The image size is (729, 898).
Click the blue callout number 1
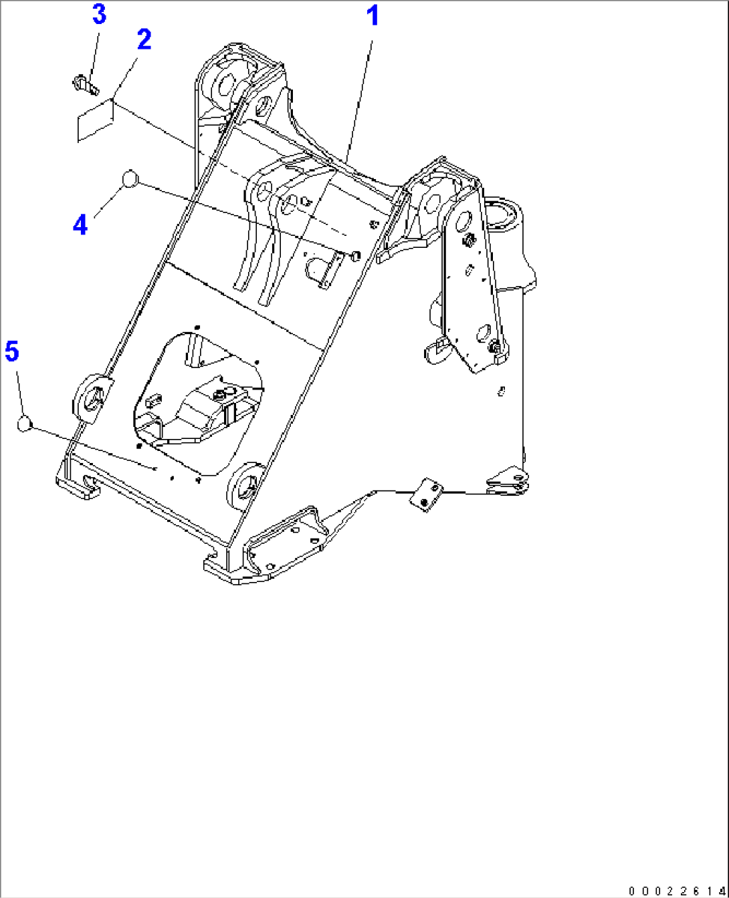click(373, 16)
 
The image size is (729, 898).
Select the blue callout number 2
click(144, 39)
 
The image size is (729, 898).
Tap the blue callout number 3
click(99, 14)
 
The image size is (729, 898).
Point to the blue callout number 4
click(80, 224)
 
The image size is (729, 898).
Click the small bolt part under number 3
click(85, 84)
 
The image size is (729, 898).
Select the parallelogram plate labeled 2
click(96, 120)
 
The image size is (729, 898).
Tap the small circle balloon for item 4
click(130, 178)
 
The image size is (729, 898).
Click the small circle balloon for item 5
click(25, 424)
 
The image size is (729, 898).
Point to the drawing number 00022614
click(677, 889)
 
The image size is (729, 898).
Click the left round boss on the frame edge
click(92, 397)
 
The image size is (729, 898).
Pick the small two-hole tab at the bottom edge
click(426, 494)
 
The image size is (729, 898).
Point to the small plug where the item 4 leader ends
click(356, 255)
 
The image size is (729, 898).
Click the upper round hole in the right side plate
click(463, 220)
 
